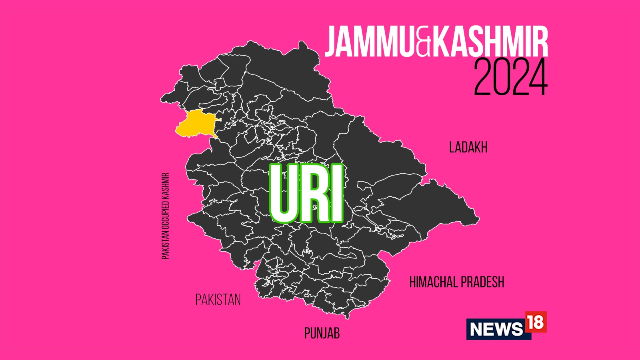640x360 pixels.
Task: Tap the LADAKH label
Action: click(x=468, y=148)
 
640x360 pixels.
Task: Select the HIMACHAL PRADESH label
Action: click(x=456, y=282)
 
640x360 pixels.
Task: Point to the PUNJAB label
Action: click(x=322, y=333)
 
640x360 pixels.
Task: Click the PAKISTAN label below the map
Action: click(x=218, y=300)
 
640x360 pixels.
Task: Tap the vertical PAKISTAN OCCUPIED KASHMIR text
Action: click(x=165, y=216)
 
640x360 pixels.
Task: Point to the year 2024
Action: click(x=510, y=77)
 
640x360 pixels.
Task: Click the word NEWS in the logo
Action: click(x=496, y=329)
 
